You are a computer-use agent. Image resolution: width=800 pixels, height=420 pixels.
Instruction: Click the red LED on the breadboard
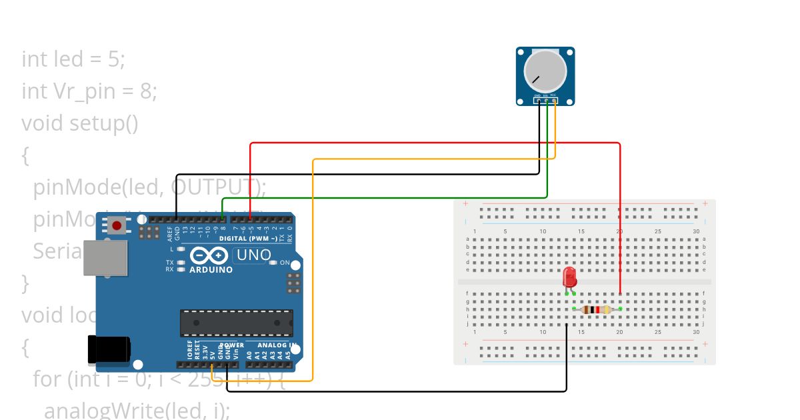(569, 277)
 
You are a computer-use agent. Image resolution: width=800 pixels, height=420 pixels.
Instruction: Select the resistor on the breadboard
(597, 309)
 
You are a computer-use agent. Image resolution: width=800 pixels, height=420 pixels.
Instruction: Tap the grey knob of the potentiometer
(545, 72)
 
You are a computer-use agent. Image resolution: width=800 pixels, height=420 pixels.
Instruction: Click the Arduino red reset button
(117, 225)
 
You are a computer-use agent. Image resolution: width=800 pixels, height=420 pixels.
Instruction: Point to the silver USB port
(105, 258)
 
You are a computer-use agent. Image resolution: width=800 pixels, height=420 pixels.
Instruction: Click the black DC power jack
(109, 349)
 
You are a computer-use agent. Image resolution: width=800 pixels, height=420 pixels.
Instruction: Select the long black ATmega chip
(236, 323)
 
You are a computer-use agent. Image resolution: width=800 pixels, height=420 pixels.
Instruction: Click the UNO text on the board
(254, 255)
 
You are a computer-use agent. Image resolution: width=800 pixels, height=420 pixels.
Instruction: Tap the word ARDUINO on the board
(211, 270)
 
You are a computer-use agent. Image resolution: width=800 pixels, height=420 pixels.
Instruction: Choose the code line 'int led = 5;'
(73, 59)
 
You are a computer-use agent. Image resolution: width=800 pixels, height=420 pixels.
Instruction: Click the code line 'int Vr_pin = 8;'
(89, 91)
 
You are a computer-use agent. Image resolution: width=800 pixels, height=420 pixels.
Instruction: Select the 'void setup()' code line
(80, 123)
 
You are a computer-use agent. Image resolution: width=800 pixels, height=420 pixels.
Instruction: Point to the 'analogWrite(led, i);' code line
(137, 410)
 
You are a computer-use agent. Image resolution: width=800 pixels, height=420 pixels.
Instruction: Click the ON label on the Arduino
(285, 263)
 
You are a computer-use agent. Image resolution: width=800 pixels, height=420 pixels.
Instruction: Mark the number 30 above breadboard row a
(696, 231)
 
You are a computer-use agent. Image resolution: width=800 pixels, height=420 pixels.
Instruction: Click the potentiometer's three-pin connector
(545, 101)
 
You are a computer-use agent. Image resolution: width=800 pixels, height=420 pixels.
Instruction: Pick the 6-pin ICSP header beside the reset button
(149, 232)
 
